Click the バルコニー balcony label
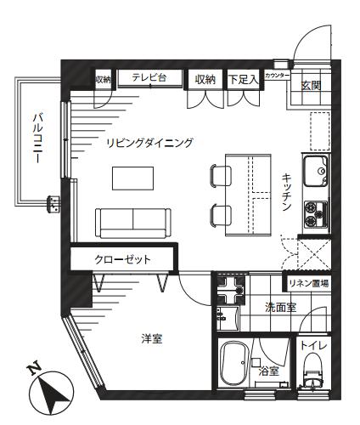(x=37, y=138)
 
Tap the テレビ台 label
(x=149, y=77)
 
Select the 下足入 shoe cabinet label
(x=244, y=80)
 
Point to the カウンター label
(x=278, y=76)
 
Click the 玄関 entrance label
(x=311, y=85)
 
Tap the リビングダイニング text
(x=150, y=143)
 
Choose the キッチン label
(x=286, y=192)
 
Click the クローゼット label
(x=122, y=259)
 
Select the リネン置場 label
(x=309, y=283)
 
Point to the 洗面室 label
(x=280, y=308)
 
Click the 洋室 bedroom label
(x=152, y=339)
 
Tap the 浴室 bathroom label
(x=269, y=371)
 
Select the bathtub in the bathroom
(x=234, y=364)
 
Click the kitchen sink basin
(x=316, y=171)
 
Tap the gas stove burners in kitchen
(x=316, y=214)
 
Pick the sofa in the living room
(x=133, y=224)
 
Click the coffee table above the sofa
(x=133, y=178)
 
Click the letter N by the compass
(x=34, y=369)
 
